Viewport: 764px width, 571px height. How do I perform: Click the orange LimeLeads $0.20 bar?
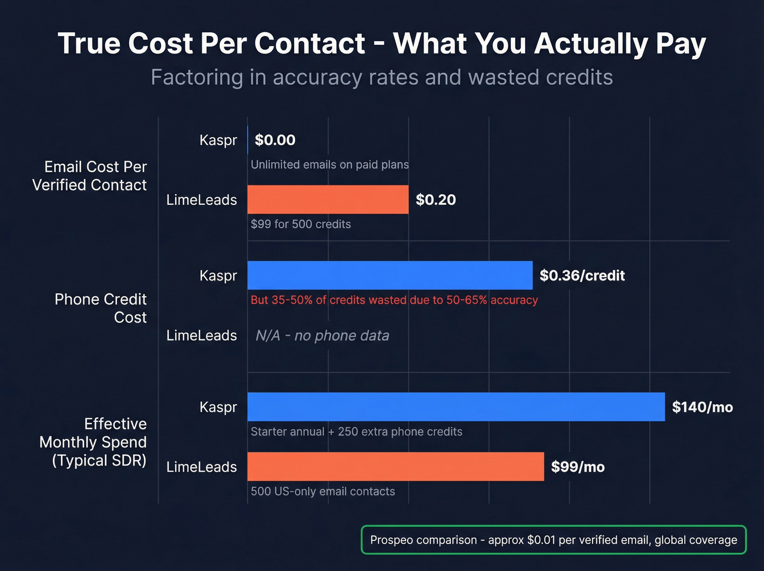point(327,199)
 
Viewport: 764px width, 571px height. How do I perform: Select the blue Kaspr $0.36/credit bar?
point(390,275)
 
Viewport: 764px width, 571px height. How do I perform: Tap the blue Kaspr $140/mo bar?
point(456,407)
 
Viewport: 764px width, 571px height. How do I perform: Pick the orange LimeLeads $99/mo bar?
point(395,467)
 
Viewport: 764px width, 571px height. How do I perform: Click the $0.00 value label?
point(275,140)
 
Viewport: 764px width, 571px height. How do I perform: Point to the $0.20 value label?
point(435,199)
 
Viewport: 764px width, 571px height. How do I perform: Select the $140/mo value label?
point(702,407)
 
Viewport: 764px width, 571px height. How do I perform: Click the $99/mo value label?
point(577,467)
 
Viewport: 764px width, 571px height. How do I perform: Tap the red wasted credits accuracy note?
point(394,300)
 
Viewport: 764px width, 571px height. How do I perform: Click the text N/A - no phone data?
point(322,335)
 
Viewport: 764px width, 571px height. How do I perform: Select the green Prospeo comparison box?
point(553,540)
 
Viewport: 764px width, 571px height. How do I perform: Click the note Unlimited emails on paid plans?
point(330,164)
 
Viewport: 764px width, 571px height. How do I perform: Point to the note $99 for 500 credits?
point(301,224)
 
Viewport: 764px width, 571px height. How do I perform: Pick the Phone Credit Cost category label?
point(101,308)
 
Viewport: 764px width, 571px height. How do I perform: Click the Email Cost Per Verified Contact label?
point(90,175)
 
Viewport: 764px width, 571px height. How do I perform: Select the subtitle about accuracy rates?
point(381,77)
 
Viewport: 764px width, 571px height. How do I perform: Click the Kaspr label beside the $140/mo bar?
point(218,407)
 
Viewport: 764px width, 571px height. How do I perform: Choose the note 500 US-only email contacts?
point(323,491)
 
